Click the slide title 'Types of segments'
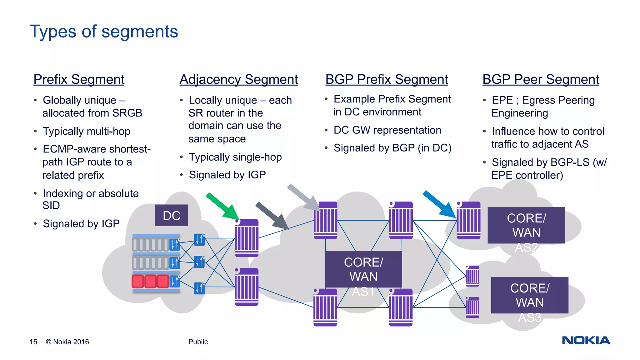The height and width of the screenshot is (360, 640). tap(103, 32)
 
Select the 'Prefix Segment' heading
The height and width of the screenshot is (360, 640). tap(79, 79)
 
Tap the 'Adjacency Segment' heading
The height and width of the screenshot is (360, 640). tap(238, 79)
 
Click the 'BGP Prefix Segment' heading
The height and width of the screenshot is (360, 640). tap(387, 79)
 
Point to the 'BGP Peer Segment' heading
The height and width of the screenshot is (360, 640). tap(541, 79)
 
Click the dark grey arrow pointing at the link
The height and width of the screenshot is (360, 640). tap(272, 216)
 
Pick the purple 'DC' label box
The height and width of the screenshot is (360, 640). tap(171, 215)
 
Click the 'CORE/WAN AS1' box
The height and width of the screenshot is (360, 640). tap(363, 269)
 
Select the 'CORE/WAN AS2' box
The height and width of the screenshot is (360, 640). tap(526, 225)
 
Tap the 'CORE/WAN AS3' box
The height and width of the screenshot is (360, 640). tap(529, 295)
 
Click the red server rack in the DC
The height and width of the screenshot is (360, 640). tap(150, 281)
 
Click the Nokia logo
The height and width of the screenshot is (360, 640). tap(586, 340)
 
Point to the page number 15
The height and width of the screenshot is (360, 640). tap(33, 342)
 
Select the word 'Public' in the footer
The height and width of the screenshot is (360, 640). tap(198, 342)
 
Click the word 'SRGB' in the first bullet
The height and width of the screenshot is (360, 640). tap(127, 113)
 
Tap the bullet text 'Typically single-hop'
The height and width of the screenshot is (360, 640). tap(235, 157)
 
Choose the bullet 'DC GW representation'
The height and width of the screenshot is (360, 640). tap(387, 130)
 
